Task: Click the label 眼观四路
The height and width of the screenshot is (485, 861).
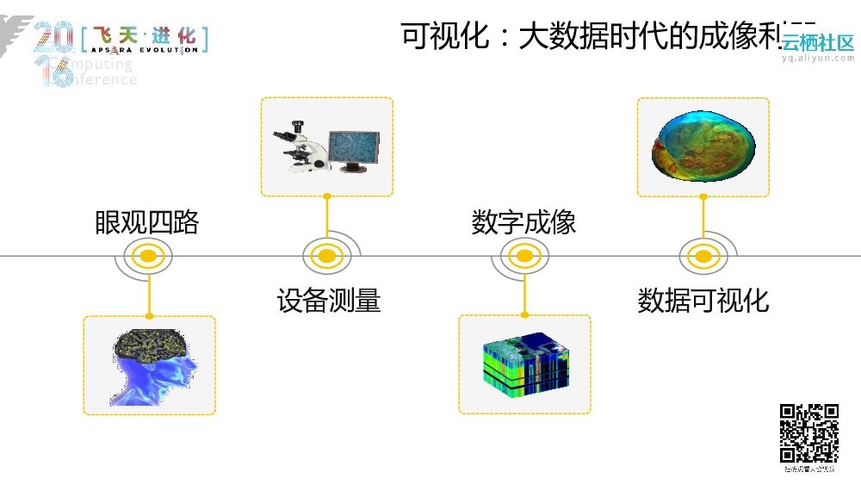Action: (x=146, y=222)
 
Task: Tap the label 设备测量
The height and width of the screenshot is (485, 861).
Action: (x=328, y=301)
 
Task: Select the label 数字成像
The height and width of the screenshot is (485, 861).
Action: (x=523, y=222)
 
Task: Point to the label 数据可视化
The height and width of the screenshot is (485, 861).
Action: (x=703, y=301)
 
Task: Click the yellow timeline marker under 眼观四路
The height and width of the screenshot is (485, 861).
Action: (x=148, y=256)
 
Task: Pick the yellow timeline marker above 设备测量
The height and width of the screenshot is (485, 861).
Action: (x=326, y=256)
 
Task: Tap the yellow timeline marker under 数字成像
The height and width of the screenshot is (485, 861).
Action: (x=523, y=256)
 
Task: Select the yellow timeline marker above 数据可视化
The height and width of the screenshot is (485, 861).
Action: (x=703, y=256)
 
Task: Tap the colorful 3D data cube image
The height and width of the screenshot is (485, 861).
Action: (x=523, y=364)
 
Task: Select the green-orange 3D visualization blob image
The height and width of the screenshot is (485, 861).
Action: (x=703, y=148)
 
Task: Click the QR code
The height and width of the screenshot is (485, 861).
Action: (x=809, y=433)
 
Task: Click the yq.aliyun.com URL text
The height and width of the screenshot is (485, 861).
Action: (x=817, y=59)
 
